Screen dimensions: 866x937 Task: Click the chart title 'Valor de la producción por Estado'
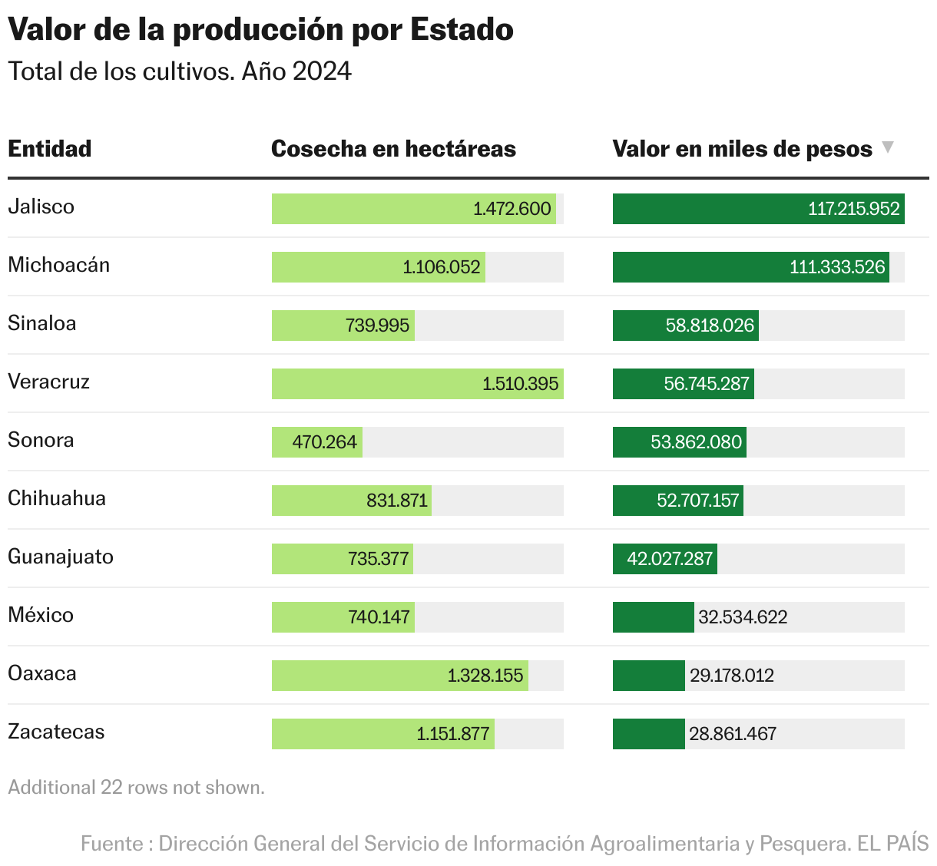coord(260,30)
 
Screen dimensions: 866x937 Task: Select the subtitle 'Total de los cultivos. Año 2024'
coord(180,71)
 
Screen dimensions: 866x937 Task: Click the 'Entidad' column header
coord(50,148)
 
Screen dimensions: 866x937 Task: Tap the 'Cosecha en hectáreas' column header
coord(393,148)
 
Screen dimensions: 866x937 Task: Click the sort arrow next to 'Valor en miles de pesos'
coord(888,147)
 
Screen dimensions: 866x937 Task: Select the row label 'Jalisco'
coord(41,207)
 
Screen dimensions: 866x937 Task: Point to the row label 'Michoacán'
coord(59,265)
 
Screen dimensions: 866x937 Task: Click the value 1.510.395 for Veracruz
coord(520,384)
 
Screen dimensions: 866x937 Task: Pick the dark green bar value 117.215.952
coord(853,209)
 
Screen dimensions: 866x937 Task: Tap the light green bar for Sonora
coord(316,442)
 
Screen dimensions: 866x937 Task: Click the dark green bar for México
coord(653,617)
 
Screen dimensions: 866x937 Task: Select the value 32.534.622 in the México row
coord(743,617)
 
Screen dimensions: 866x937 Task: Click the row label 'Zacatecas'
coord(56,732)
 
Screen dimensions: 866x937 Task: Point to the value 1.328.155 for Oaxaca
coord(485,676)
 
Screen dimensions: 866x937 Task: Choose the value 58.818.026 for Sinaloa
coord(710,326)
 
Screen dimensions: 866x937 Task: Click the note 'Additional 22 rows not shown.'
coord(137,788)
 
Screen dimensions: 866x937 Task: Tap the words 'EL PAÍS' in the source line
coord(892,843)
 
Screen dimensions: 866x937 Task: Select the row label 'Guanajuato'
coord(61,557)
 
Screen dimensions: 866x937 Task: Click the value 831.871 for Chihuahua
coord(396,501)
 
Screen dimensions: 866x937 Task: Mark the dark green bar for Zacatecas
coord(648,734)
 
